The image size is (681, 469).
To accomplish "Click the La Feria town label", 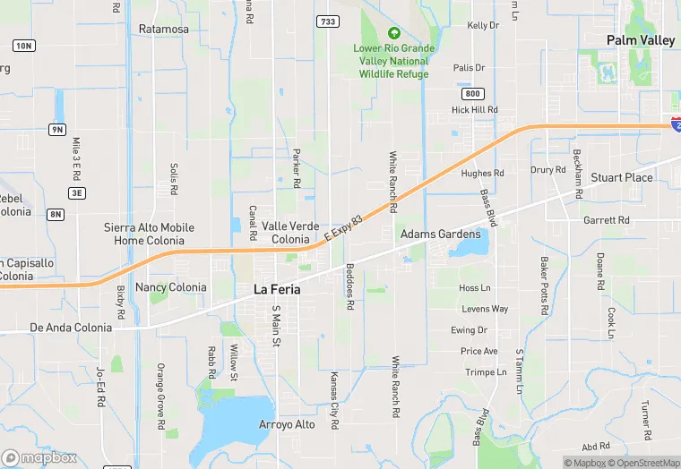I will pos(277,290).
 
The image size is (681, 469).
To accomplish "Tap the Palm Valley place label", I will pos(641,40).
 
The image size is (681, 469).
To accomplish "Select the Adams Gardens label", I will pos(440,234).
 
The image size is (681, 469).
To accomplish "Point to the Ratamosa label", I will pos(164,30).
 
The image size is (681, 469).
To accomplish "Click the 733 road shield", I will pos(328,21).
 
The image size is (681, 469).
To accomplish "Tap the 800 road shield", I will pos(472,93).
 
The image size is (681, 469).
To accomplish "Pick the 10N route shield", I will pos(23,46).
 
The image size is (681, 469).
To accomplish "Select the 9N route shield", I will pos(57,130).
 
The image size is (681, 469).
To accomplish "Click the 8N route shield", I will pos(56,214).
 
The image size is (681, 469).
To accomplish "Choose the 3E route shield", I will pos(77,192).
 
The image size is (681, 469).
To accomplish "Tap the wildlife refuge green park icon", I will pos(394,33).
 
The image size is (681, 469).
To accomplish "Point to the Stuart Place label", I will pos(622,177).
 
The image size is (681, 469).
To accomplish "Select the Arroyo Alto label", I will pos(287,423).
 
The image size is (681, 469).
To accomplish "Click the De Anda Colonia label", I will pos(71,328).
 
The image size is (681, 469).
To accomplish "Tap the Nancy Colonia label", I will pos(170,287).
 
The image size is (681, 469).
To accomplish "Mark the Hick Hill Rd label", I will pos(474,110).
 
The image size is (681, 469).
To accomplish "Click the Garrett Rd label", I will pos(606,220).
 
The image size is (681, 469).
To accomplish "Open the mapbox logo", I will pos(39,457).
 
